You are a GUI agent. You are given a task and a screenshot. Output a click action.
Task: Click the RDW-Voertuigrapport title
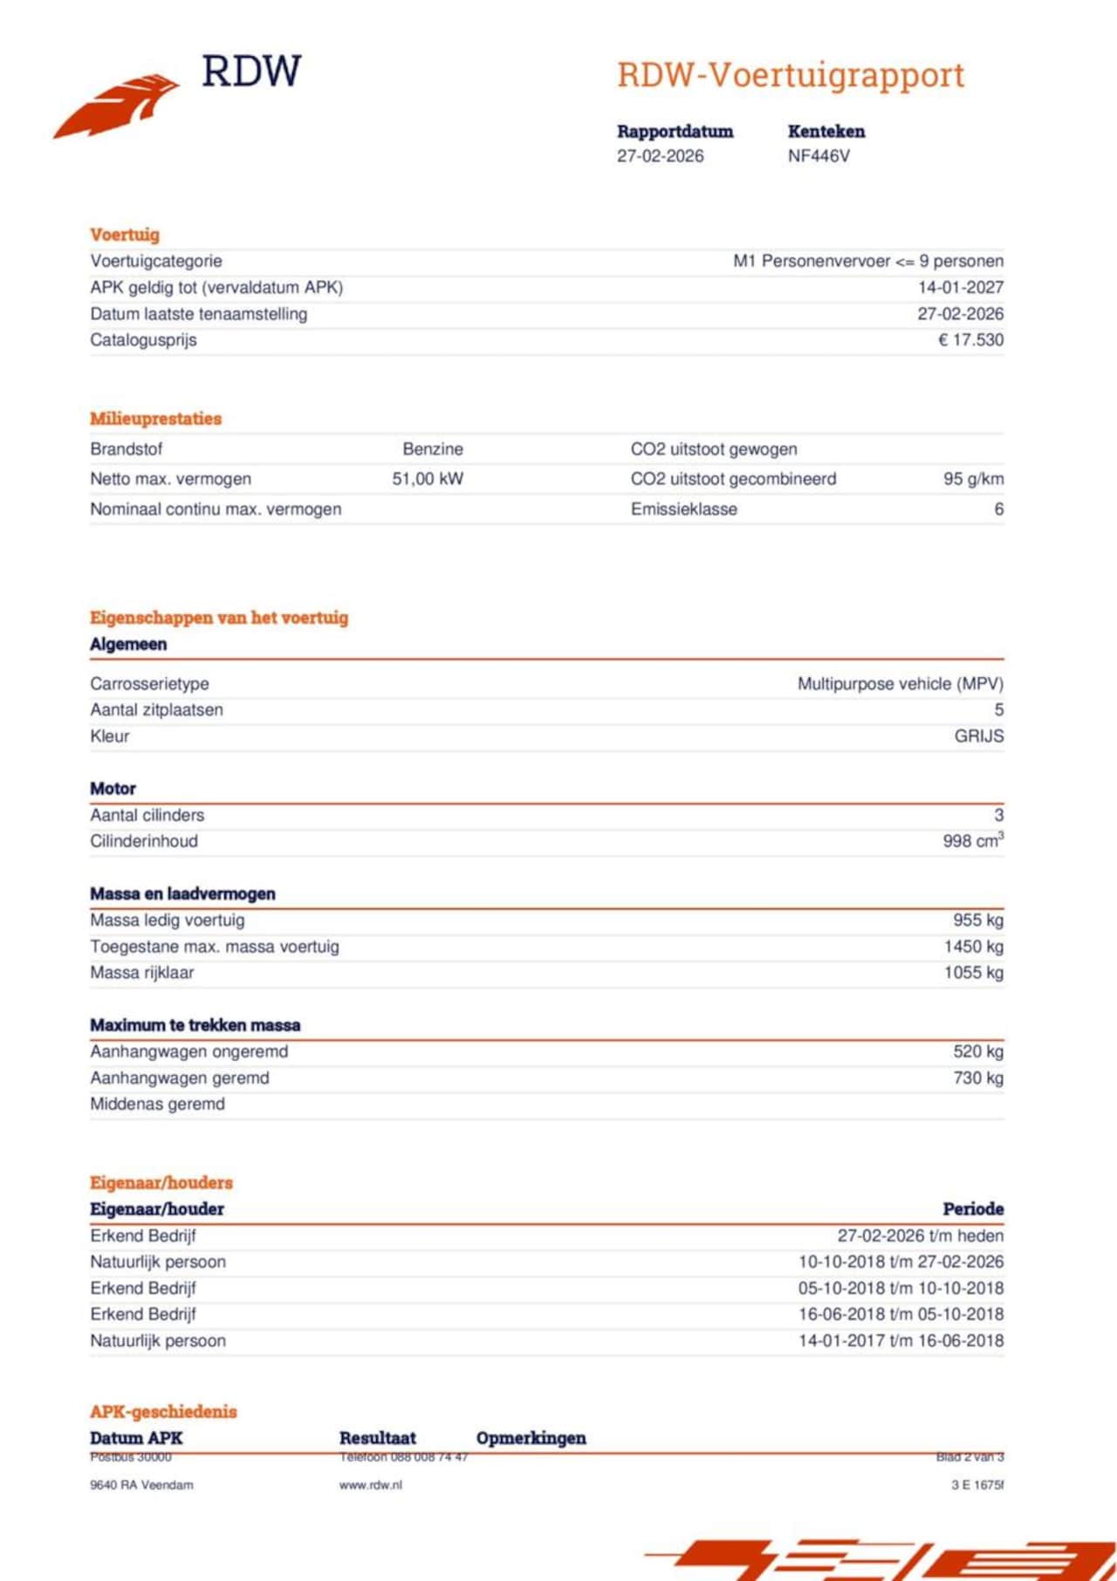(790, 75)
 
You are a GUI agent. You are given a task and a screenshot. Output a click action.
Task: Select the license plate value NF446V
(818, 156)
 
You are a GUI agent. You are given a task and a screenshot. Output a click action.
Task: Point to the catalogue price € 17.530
(970, 340)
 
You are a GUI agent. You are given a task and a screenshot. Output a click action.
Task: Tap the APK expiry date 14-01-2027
(960, 288)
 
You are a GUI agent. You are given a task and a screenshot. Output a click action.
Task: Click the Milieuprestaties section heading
(155, 419)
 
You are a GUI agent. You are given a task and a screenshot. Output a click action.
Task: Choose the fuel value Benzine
(433, 449)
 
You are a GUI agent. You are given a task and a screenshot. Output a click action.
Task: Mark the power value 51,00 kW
(428, 479)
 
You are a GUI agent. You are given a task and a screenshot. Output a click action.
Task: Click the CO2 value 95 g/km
(973, 479)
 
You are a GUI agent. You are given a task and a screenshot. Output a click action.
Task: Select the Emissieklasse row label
(683, 510)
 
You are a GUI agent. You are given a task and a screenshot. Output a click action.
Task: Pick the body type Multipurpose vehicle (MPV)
(900, 684)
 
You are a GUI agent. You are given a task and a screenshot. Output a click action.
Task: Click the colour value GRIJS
(978, 736)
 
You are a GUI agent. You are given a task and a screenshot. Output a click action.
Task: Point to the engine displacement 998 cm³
(972, 841)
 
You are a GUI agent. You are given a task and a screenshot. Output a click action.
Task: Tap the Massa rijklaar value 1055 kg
(973, 973)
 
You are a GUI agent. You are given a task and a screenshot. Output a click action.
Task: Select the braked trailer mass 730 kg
(978, 1078)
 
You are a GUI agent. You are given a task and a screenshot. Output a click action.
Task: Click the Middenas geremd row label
(157, 1105)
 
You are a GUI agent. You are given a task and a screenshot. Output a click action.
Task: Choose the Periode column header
(972, 1209)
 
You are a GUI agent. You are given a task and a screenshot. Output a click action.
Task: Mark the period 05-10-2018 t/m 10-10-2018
(900, 1288)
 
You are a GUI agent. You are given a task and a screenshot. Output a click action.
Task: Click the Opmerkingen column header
(531, 1438)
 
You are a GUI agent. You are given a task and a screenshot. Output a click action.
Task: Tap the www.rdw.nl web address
(370, 1485)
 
